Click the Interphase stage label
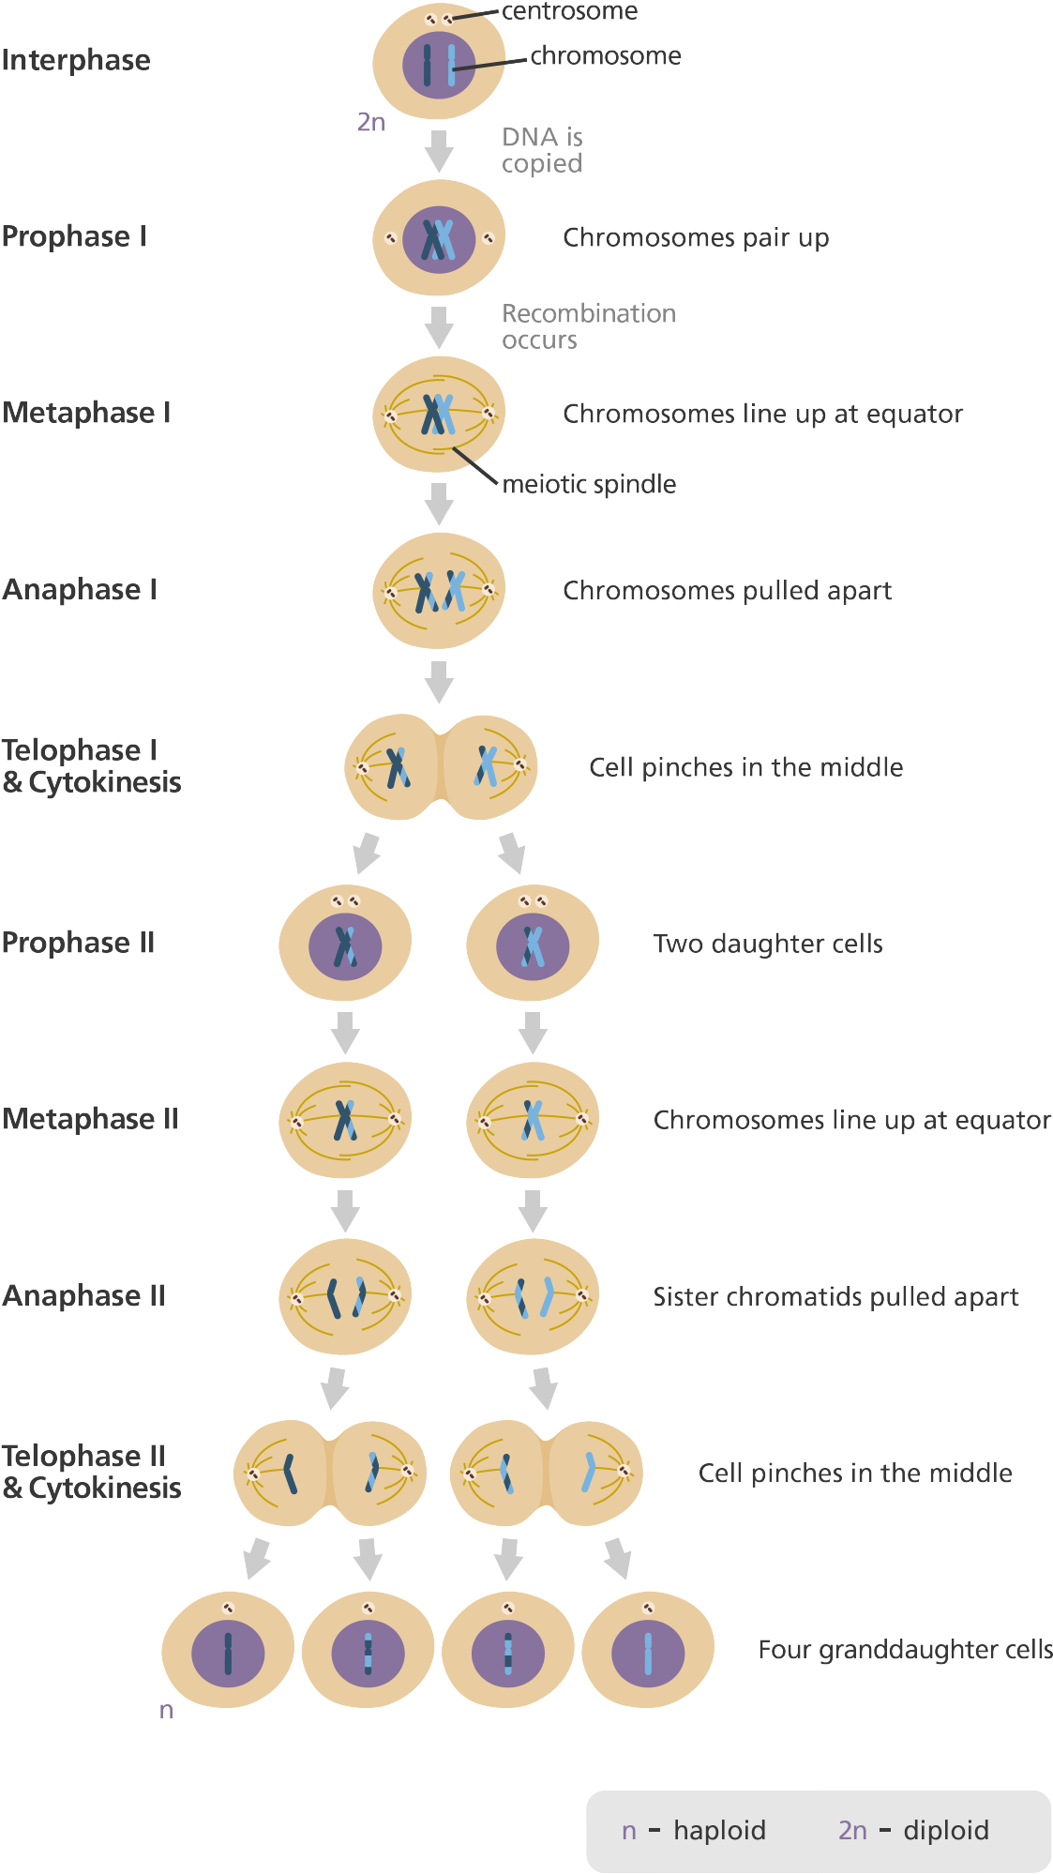[76, 60]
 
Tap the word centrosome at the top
[569, 11]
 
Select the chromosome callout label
[606, 55]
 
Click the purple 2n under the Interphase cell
[370, 122]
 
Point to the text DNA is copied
[542, 150]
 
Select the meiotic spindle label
[589, 484]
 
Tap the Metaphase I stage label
[86, 413]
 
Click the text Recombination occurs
[588, 326]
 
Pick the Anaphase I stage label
[79, 589]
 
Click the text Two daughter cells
[768, 943]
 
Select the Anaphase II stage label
[83, 1295]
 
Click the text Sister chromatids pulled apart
[835, 1296]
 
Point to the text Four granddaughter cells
[904, 1649]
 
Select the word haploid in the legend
[719, 1830]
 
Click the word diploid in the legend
[945, 1830]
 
